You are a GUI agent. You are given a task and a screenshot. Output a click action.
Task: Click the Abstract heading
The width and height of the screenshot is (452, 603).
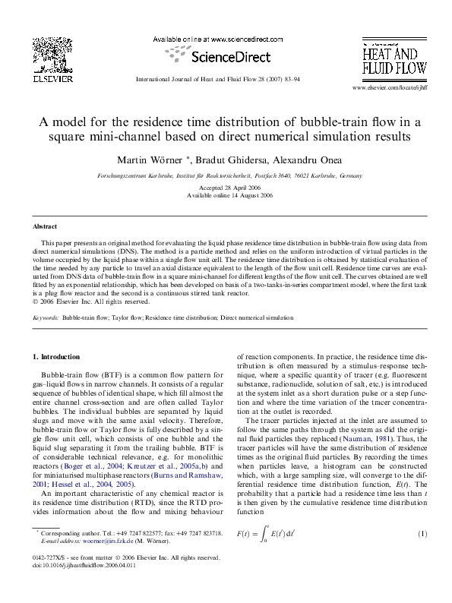click(45, 226)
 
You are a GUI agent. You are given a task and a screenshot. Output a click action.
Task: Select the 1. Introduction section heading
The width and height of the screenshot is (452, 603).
click(59, 356)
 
